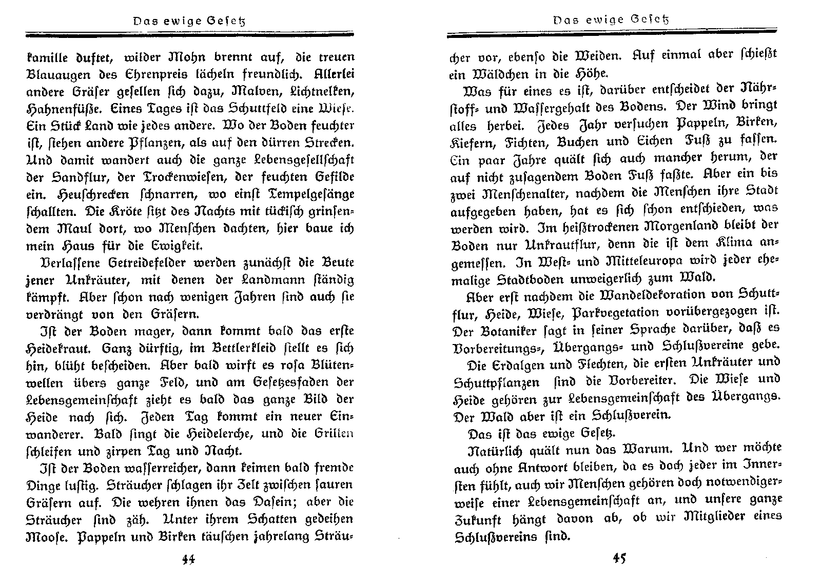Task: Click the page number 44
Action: pyautogui.click(x=188, y=559)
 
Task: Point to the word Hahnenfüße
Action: pyautogui.click(x=57, y=109)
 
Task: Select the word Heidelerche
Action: pyautogui.click(x=220, y=434)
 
